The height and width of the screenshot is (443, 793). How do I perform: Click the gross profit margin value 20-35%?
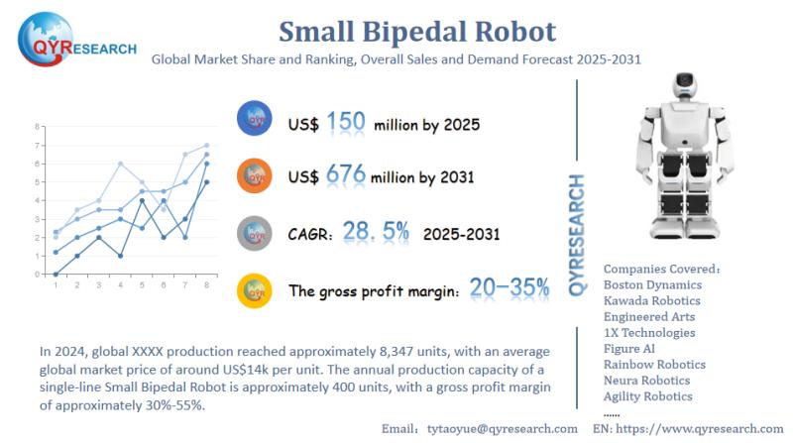[510, 288]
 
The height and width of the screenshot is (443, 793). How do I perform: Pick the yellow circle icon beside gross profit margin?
[256, 290]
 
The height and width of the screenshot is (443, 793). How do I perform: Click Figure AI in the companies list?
[631, 348]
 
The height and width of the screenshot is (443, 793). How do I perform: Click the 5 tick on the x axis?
[141, 284]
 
